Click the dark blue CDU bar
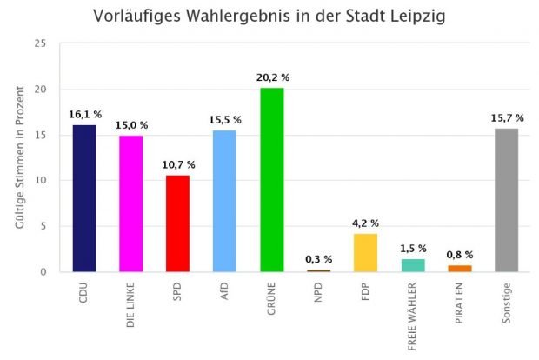(83, 198)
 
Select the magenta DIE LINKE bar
(130, 203)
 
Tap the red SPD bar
(177, 223)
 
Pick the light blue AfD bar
(224, 201)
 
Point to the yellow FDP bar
(366, 252)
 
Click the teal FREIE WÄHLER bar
(413, 265)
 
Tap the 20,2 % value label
(272, 77)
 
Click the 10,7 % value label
(177, 164)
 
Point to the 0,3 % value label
(319, 259)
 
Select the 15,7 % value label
(507, 117)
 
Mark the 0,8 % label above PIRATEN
(460, 255)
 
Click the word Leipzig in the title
(409, 17)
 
